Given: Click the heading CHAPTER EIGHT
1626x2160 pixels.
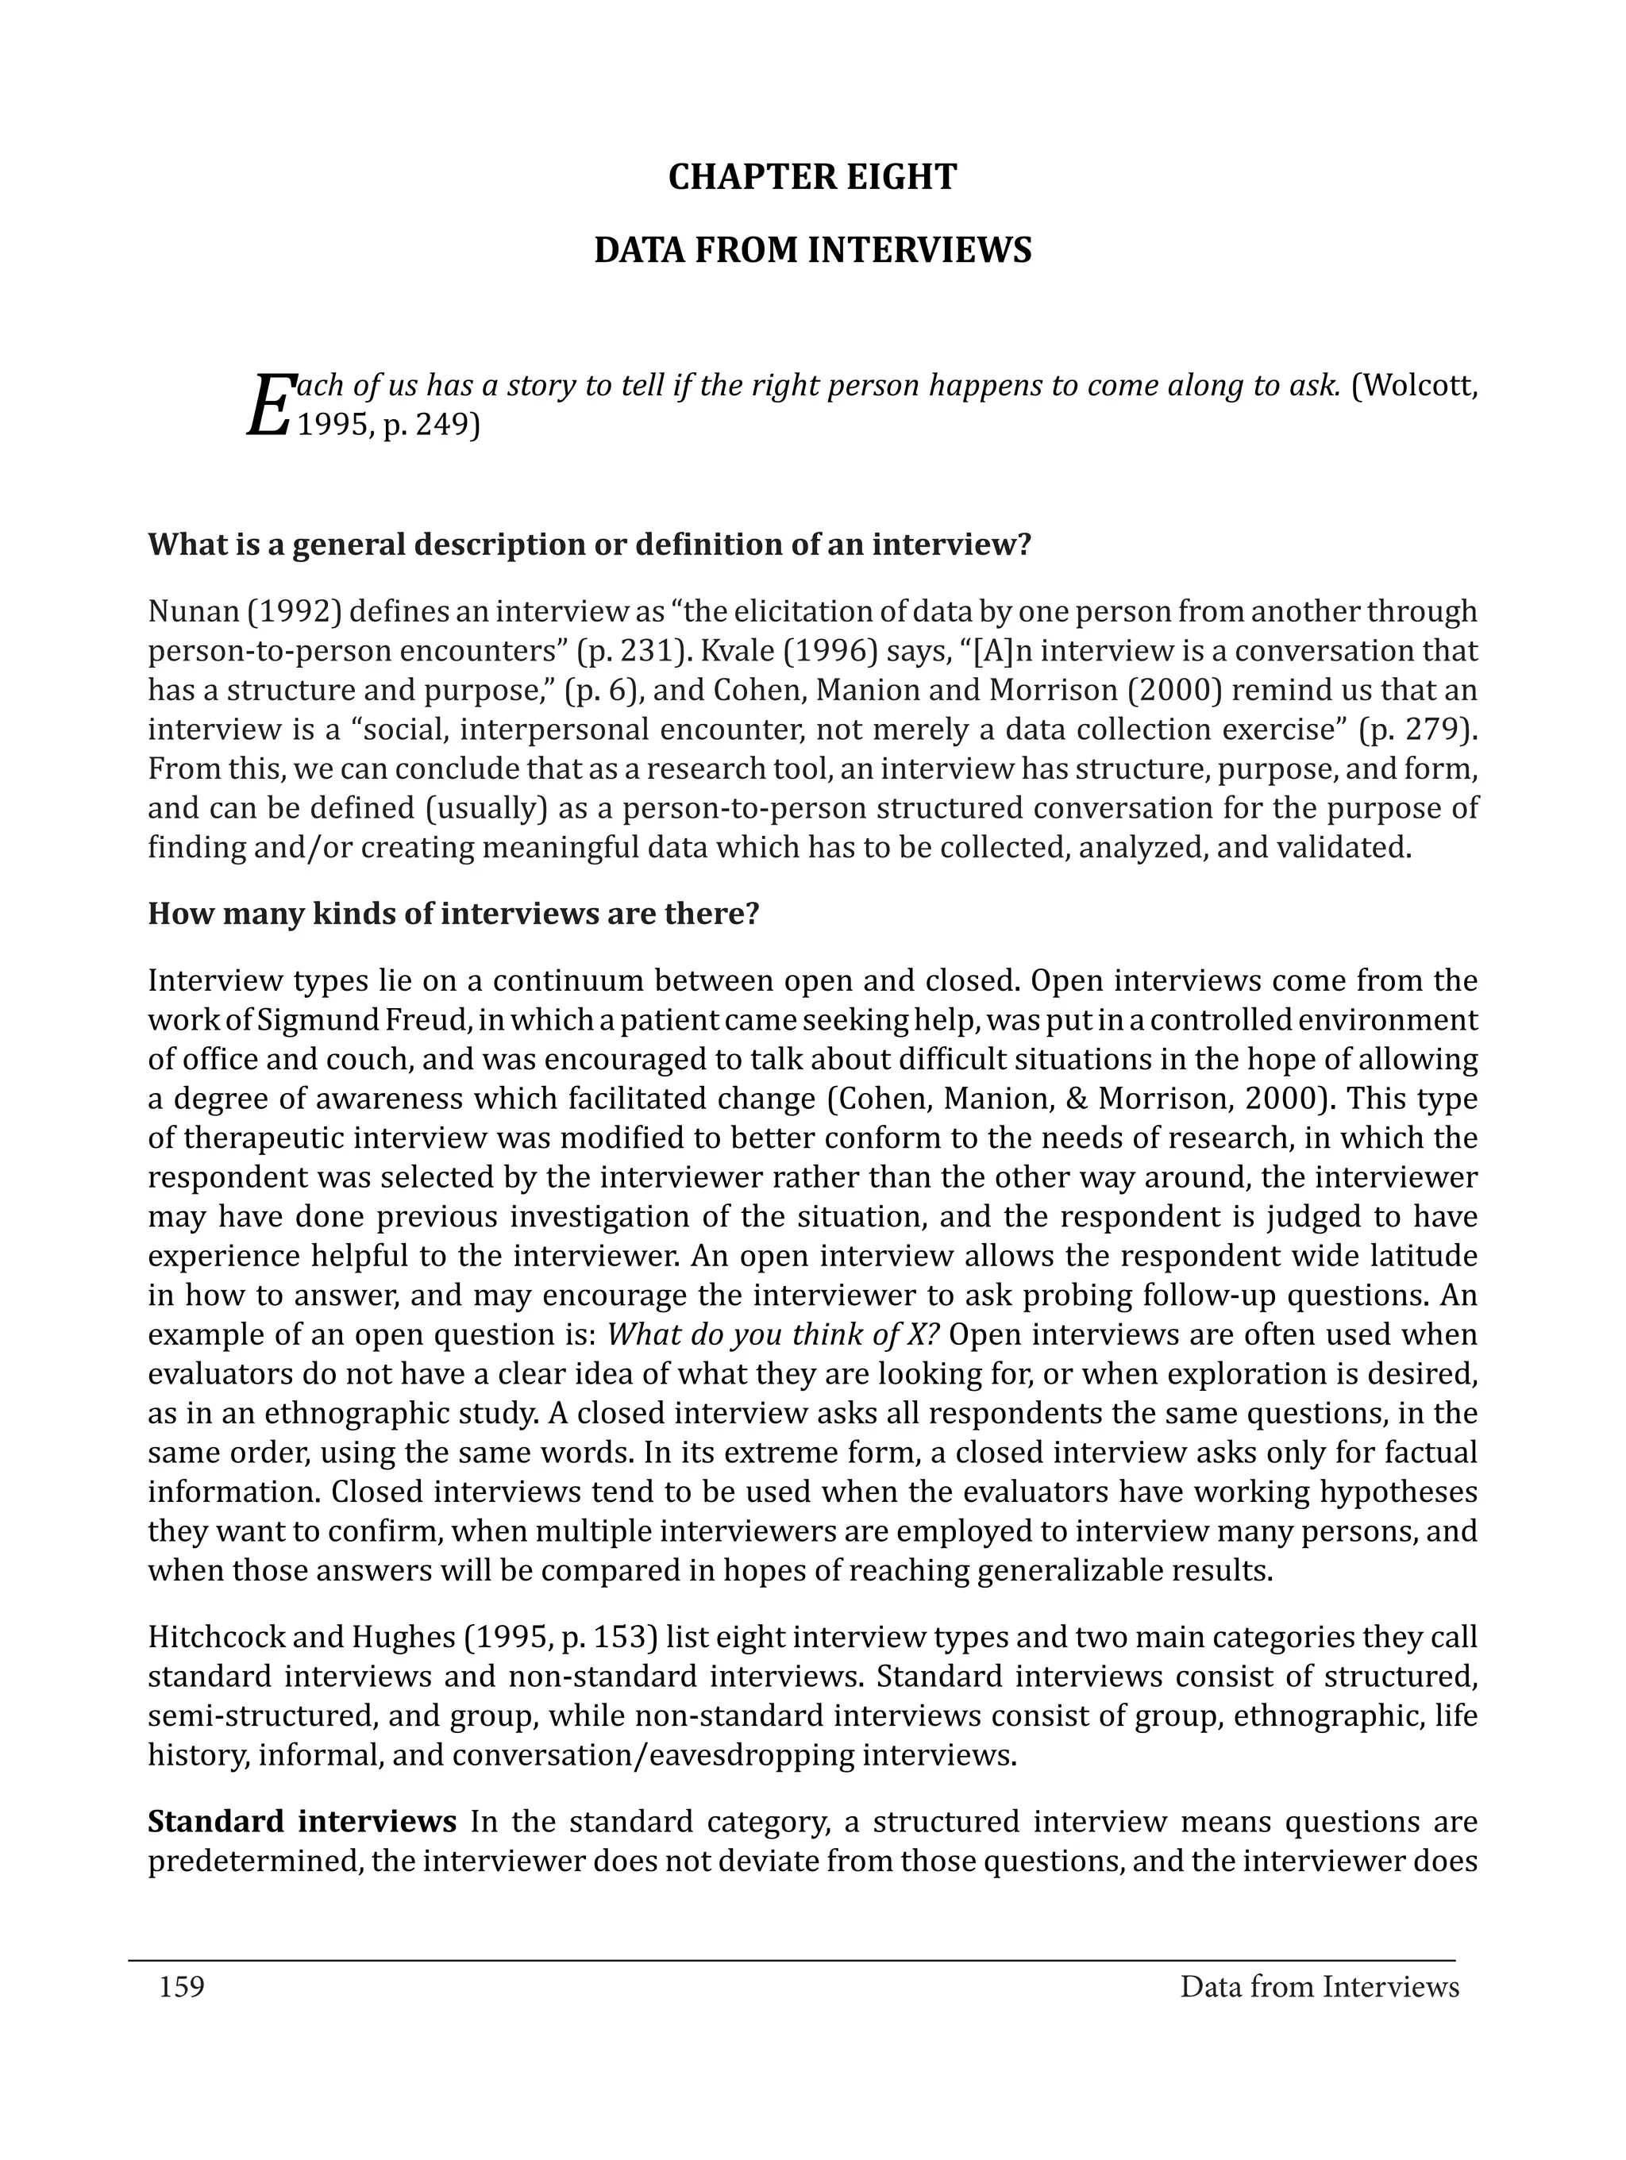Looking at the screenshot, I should (x=812, y=177).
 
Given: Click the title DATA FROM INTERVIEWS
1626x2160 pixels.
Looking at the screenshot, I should (x=812, y=250).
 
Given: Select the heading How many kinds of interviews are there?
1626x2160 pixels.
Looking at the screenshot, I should (x=453, y=914).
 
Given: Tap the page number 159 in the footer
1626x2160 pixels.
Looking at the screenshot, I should (x=182, y=1987).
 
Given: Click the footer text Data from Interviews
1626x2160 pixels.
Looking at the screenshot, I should (x=1319, y=1987).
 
